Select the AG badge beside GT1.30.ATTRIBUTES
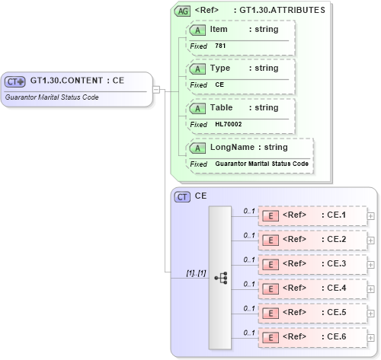183,11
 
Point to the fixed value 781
220,46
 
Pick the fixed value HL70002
229,124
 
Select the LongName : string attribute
248,147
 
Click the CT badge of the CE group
183,196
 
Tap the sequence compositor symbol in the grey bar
221,279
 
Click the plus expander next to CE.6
371,337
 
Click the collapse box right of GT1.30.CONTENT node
156,89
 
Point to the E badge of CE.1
270,215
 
